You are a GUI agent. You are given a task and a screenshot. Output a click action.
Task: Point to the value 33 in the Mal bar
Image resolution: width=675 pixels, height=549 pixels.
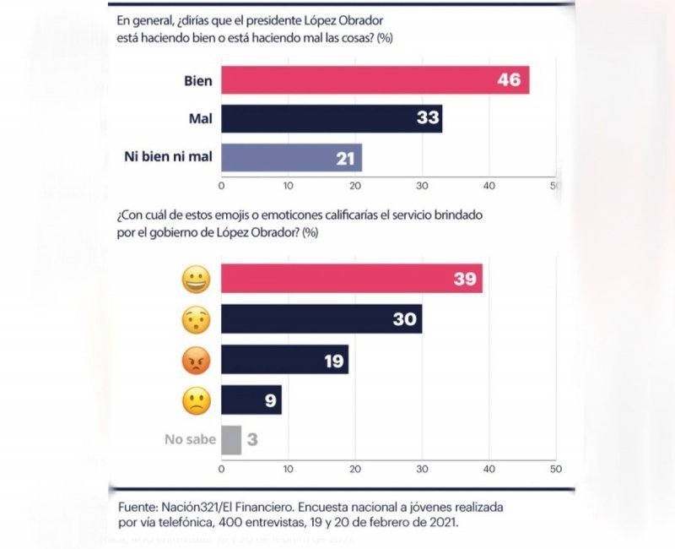428,118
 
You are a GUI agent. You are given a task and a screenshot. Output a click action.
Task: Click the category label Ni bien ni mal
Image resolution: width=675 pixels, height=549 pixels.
168,157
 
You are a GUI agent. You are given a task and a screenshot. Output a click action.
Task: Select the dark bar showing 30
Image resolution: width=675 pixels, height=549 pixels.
321,319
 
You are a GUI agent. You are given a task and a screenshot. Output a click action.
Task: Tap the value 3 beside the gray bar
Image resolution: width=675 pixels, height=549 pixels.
252,440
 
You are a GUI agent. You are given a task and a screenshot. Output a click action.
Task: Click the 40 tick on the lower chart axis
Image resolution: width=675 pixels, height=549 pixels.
489,468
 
